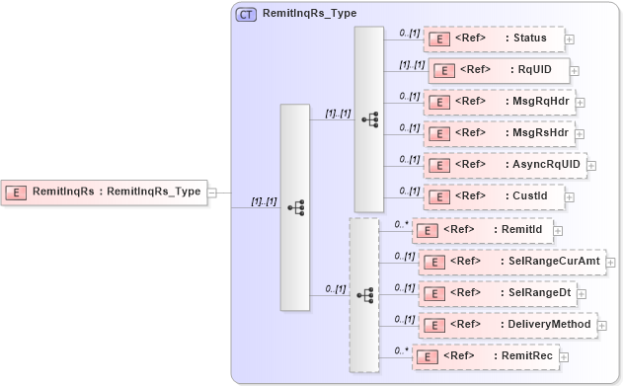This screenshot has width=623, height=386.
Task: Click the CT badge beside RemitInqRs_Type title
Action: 246,14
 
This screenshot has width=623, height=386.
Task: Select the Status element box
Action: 493,39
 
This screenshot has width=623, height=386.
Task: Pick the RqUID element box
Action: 499,70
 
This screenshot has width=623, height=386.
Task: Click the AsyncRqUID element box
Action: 505,164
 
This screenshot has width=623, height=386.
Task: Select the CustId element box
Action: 493,195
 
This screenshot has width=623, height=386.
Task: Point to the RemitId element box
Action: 481,230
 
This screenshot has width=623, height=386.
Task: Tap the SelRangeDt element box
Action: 493,293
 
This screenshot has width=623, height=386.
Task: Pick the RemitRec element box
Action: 484,356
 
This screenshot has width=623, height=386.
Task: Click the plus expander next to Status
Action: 570,39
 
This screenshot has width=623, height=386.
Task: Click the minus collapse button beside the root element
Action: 211,193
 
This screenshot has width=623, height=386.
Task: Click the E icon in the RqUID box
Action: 445,70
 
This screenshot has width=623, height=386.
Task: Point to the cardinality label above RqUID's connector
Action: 412,64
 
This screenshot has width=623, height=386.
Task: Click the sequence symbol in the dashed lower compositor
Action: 364,294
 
